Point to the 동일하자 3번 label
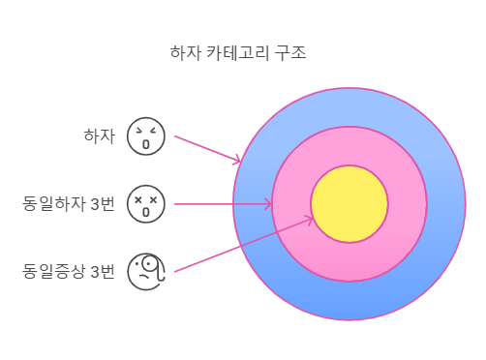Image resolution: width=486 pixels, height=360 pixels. (69, 204)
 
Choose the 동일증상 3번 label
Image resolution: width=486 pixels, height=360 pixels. (69, 271)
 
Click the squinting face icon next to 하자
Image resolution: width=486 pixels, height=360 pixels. (146, 136)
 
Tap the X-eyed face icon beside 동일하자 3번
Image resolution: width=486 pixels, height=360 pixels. (146, 204)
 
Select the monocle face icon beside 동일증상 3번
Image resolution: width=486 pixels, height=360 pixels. (147, 271)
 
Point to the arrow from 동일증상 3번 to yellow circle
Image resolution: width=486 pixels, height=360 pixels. (242, 245)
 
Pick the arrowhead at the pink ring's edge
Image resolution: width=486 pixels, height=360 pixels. (267, 204)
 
